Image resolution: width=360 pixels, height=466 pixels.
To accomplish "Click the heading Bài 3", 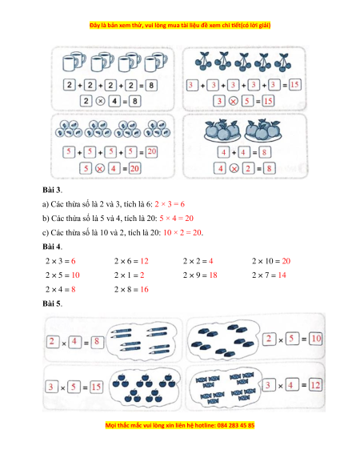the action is coord(52,190).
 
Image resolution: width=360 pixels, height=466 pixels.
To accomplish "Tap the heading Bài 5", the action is coord(52,303).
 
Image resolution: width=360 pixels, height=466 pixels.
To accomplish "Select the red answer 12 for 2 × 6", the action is coord(144,261).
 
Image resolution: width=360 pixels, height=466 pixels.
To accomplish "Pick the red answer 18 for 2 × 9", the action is coord(214,275).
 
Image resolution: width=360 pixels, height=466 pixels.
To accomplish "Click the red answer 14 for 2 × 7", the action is coord(282,275).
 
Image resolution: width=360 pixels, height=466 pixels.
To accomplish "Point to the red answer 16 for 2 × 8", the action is coord(144,289).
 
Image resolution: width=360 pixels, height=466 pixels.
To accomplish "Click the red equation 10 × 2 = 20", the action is coord(182,232).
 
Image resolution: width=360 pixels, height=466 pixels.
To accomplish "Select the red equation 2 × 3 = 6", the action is coord(170,204).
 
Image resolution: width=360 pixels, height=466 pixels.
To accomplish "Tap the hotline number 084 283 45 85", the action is coord(236,425).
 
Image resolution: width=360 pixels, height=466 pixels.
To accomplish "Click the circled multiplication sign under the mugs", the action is coord(100,102).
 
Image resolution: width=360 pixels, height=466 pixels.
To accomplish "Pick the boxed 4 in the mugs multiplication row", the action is coord(114,102).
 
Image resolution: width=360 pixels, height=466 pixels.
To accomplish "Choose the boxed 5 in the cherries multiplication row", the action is coord(247,101).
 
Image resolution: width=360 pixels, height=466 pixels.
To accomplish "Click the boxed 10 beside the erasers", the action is coord(316,339).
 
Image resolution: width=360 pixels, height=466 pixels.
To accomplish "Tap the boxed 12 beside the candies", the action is coord(315,385).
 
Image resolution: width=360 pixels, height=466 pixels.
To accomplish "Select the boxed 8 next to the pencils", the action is coord(97,342).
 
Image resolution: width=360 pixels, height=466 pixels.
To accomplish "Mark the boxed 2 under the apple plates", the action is coord(248,169).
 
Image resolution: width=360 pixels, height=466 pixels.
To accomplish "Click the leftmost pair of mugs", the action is coord(74,61).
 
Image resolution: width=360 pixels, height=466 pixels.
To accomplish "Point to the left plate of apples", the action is coord(222,131).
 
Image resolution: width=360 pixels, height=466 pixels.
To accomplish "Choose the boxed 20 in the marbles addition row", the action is coord(151,152).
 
